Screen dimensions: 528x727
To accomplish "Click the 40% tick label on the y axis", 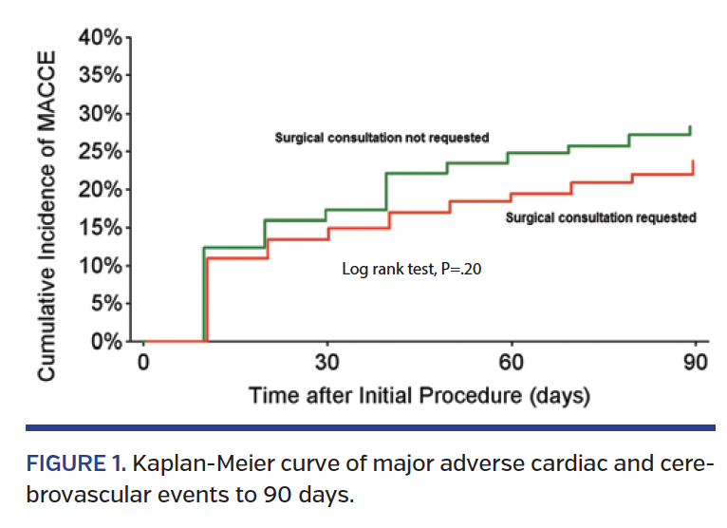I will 100,38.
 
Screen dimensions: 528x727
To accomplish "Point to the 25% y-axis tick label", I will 100,152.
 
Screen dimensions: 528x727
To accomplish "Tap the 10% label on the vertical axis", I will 100,266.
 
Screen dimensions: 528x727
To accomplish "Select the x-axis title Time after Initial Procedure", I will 419,395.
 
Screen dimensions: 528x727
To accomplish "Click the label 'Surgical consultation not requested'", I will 382,138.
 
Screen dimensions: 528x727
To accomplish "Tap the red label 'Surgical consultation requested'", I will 601,217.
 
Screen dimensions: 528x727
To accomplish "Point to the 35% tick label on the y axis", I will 100,76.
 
